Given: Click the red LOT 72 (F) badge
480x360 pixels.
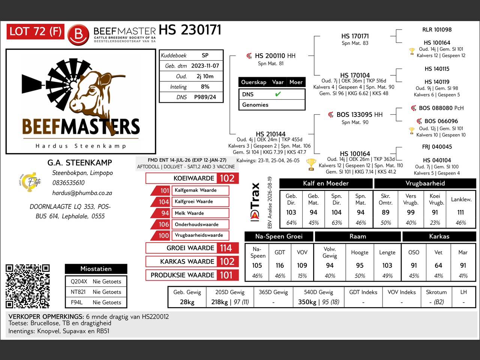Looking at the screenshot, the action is pyautogui.click(x=35, y=31).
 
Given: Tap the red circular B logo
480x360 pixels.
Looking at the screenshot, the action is pyautogui.click(x=78, y=35).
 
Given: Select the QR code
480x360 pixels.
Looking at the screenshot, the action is pyautogui.click(x=28, y=286).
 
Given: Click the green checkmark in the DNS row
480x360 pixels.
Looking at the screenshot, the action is pyautogui.click(x=278, y=94).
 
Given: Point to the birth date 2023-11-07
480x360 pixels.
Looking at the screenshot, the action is pyautogui.click(x=205, y=66).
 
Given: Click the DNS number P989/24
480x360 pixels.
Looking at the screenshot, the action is pyautogui.click(x=205, y=97).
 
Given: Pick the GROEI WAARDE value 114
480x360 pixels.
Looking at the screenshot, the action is pyautogui.click(x=226, y=248).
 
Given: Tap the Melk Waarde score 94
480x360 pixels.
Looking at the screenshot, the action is pyautogui.click(x=165, y=213).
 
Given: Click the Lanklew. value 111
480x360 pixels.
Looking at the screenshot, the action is pyautogui.click(x=460, y=212).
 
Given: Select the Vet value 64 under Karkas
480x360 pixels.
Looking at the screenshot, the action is pyautogui.click(x=438, y=265).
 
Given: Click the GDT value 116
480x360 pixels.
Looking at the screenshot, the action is pyautogui.click(x=280, y=265).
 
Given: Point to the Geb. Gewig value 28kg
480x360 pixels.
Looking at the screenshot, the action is pyautogui.click(x=187, y=302).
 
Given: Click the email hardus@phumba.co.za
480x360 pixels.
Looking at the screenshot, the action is pyautogui.click(x=82, y=193).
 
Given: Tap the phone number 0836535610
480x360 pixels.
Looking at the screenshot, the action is pyautogui.click(x=68, y=183).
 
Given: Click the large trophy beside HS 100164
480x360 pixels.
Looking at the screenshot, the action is pyautogui.click(x=311, y=164).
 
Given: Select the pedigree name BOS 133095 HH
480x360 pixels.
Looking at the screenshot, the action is pyautogui.click(x=360, y=114).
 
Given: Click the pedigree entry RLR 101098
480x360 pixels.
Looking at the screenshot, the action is pyautogui.click(x=437, y=30).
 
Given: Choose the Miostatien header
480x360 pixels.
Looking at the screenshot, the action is pyautogui.click(x=96, y=268).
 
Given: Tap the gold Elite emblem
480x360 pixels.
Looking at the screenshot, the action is pyautogui.click(x=30, y=182).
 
